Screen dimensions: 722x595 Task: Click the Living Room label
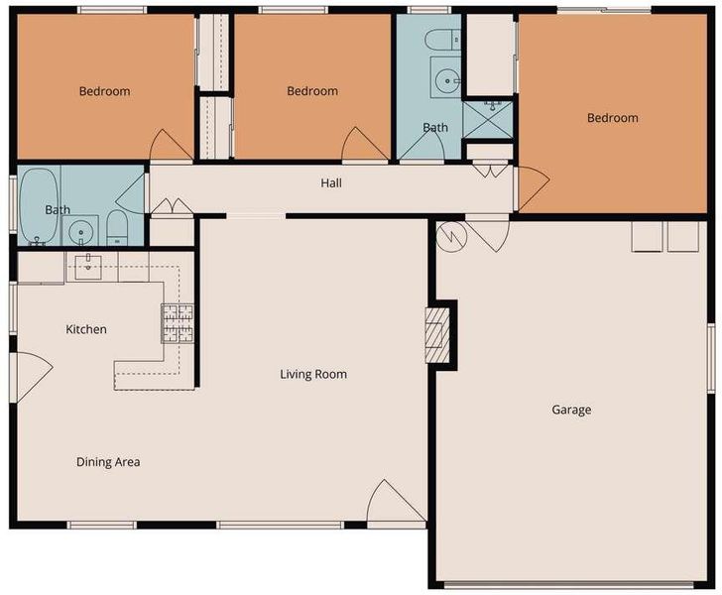pos(313,374)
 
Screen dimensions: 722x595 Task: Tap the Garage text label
pos(571,410)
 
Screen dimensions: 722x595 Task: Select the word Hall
pos(331,183)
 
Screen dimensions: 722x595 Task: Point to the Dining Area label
pos(108,462)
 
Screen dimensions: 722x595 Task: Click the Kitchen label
pos(86,329)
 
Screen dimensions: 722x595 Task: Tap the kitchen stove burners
pos(178,323)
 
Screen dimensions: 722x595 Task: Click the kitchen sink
pos(88,266)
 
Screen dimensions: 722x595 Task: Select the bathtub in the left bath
pos(39,206)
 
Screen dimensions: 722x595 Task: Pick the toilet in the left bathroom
pos(117,227)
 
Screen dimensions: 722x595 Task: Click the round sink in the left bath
pos(80,231)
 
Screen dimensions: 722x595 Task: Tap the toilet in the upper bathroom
pos(442,40)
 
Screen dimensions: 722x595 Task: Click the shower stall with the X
pos(487,120)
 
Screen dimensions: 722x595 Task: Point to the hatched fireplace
pos(437,334)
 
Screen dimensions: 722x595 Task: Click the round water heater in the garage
pos(451,237)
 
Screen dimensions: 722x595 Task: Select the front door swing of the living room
pos(396,502)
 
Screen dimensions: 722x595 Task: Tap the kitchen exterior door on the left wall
pos(32,376)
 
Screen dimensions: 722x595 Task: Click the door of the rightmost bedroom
pos(533,188)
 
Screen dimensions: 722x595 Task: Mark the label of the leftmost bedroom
pos(104,91)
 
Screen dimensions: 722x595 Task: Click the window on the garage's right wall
pos(711,358)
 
